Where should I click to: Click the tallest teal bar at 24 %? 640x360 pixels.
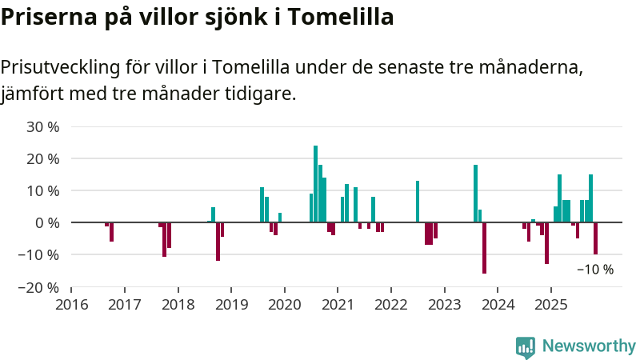pos(315,184)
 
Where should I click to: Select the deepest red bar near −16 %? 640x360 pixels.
pos(484,248)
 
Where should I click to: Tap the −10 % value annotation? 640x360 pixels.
pos(595,270)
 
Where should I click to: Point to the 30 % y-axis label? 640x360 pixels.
pos(43,126)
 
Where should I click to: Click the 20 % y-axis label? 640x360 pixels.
pos(43,158)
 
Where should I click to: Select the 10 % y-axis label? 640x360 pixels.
pos(43,190)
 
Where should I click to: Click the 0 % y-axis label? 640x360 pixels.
pos(47,222)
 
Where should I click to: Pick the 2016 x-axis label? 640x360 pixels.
pos(71,305)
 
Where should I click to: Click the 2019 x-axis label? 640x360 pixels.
pos(230,305)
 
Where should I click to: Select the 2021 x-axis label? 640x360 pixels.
pos(337,305)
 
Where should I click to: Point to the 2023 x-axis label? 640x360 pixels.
pos(443,305)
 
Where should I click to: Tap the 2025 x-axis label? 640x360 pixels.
pos(550,305)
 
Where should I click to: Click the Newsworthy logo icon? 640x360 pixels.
pos(526,346)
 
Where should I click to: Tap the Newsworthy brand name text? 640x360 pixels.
pos(589,346)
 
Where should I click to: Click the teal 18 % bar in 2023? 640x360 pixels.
pos(475,194)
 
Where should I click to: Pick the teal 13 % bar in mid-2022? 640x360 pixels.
pos(418,202)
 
